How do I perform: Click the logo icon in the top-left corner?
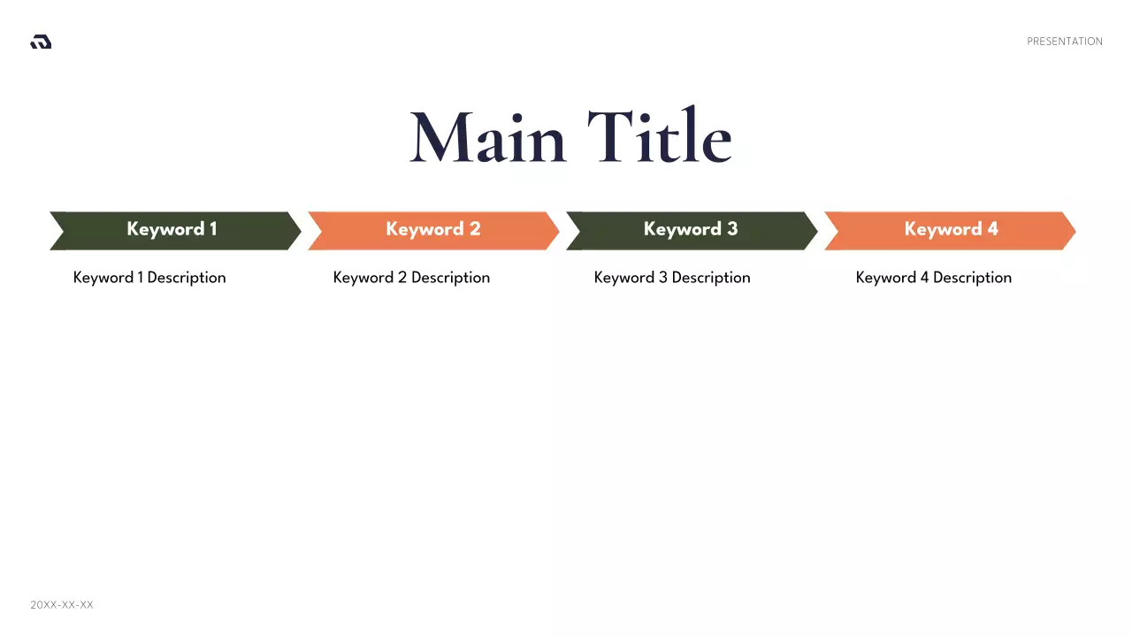(x=41, y=42)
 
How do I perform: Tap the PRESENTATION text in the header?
(x=1064, y=42)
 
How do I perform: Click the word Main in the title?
(x=488, y=139)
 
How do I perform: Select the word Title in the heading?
(x=660, y=139)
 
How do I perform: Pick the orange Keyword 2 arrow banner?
(x=432, y=230)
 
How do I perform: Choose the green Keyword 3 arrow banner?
(x=691, y=230)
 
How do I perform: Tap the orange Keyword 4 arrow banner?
(x=950, y=230)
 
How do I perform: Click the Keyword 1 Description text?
(x=149, y=278)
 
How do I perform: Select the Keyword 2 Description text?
(x=411, y=278)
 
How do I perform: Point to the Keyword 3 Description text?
(x=672, y=278)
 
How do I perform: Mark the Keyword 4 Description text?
(x=933, y=278)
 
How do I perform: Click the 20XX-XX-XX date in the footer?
(x=62, y=605)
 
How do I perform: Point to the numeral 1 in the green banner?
(x=212, y=229)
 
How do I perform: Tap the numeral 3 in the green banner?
(x=732, y=229)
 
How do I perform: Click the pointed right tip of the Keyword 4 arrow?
(x=1071, y=231)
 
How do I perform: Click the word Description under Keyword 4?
(x=972, y=278)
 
